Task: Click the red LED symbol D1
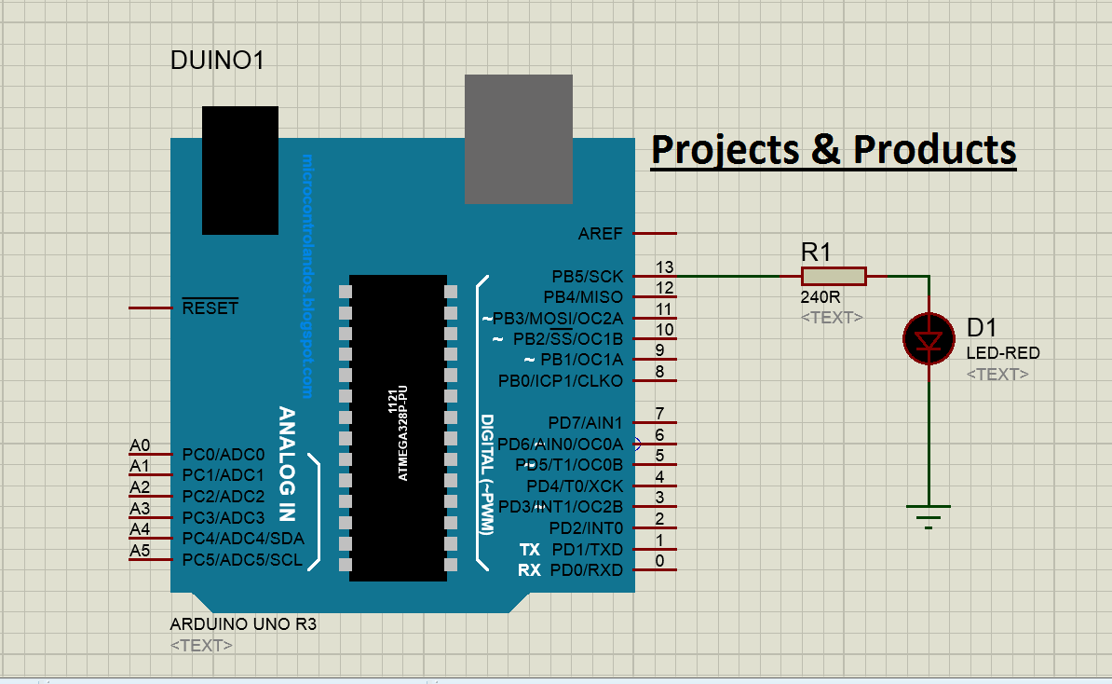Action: point(929,338)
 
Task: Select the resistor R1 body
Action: point(834,276)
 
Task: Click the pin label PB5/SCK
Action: point(587,276)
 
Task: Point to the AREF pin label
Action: point(600,233)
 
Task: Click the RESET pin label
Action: point(210,308)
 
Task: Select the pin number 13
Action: point(664,267)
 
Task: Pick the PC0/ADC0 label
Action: point(224,455)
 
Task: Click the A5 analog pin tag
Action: point(140,551)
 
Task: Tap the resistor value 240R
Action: point(820,297)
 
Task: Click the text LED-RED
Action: point(1003,353)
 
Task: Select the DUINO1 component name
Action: point(218,62)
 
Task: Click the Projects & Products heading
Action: point(833,149)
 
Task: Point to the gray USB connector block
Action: point(519,139)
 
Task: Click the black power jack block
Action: point(240,170)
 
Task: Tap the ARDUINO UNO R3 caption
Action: point(243,624)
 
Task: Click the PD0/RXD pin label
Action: point(587,569)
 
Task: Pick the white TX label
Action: point(529,549)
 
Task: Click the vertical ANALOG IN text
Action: point(288,462)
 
